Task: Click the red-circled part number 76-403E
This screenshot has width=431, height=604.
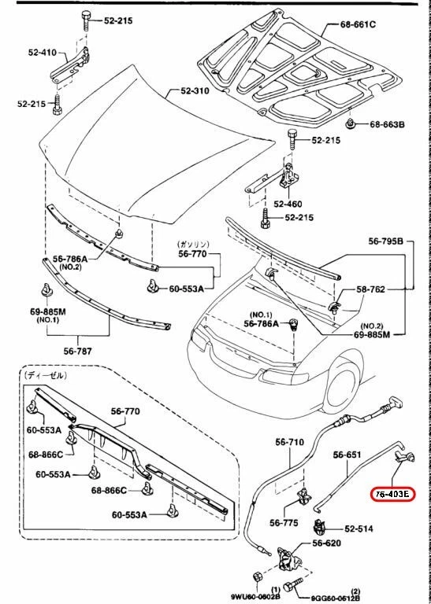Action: [x=392, y=494]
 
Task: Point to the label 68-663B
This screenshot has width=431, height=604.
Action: [x=387, y=124]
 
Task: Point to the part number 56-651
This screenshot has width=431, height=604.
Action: [x=347, y=455]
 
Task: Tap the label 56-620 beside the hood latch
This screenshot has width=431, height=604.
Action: [x=327, y=543]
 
